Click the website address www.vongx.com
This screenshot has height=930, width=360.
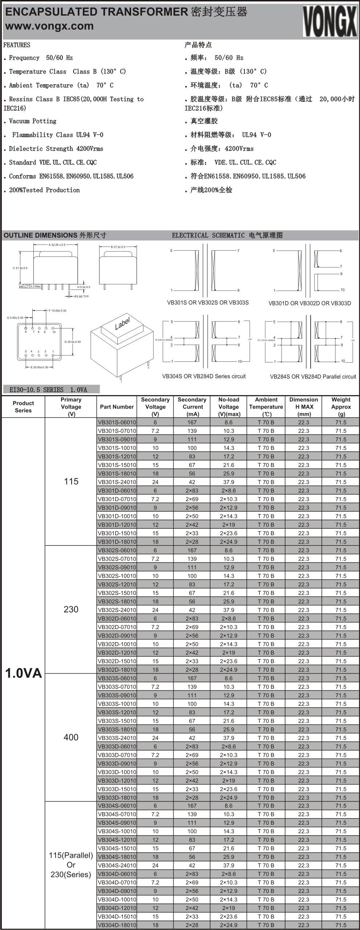49,26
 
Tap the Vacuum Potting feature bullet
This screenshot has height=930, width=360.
33,121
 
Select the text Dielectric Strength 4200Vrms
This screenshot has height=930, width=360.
56,149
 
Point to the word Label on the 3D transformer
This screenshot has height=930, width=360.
122,323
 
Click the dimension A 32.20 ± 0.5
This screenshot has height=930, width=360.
57,245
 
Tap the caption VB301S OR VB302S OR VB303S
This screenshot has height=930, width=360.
208,302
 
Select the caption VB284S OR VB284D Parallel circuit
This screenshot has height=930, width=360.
313,377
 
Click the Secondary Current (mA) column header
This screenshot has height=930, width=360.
192,407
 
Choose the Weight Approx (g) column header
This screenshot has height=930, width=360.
341,407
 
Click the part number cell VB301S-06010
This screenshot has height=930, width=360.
117,422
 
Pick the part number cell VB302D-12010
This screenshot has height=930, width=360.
117,653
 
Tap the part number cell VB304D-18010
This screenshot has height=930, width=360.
117,925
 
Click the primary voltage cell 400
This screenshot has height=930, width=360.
71,737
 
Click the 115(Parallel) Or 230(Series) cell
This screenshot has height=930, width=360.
71,865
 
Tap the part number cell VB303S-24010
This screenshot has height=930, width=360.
117,738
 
